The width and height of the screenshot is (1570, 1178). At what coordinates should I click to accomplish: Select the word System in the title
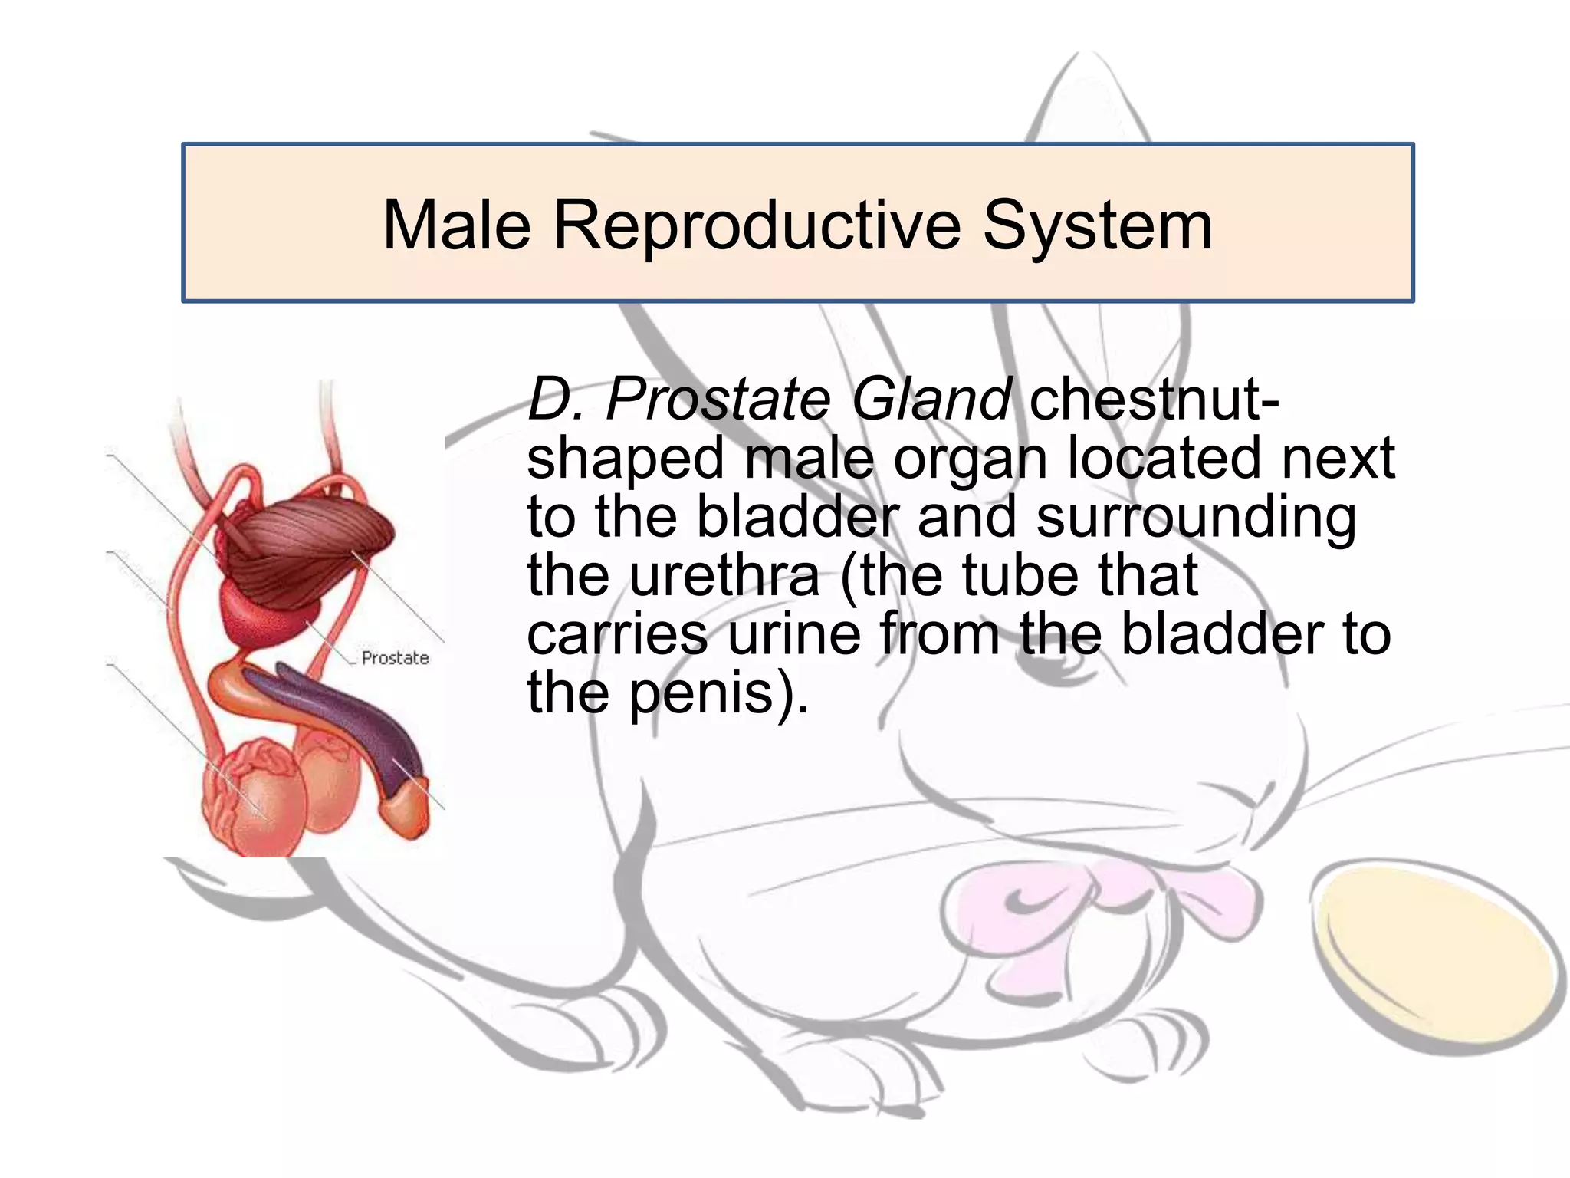click(1098, 225)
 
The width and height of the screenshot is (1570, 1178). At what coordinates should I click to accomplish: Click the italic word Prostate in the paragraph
click(718, 400)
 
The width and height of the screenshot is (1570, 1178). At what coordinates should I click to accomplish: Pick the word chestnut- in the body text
click(1155, 400)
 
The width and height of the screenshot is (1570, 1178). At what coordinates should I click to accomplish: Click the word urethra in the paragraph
click(724, 576)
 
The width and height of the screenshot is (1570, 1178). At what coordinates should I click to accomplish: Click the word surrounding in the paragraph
click(1196, 517)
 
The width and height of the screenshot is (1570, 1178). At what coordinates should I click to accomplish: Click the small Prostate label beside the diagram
click(395, 658)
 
